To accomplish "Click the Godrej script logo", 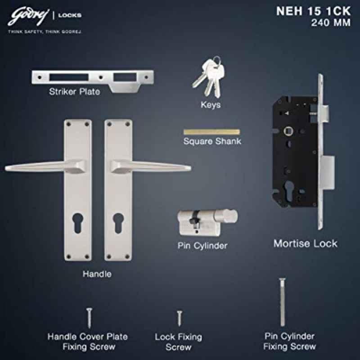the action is [x=28, y=17].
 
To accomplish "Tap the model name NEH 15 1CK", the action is [x=313, y=11].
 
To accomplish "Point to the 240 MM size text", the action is [x=331, y=23].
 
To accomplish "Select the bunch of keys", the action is [x=209, y=76].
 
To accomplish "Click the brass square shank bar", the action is [x=211, y=132].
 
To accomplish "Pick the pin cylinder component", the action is [x=207, y=222].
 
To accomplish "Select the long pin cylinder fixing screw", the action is [x=282, y=302].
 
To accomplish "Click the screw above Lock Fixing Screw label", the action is [x=180, y=319].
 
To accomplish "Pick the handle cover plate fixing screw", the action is [x=89, y=318].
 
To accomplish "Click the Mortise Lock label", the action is [x=306, y=243].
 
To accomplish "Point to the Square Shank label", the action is [x=212, y=141].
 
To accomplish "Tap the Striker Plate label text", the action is [x=75, y=92].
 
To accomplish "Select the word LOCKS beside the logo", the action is [x=70, y=15].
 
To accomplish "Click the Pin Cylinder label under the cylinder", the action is [x=202, y=246].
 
